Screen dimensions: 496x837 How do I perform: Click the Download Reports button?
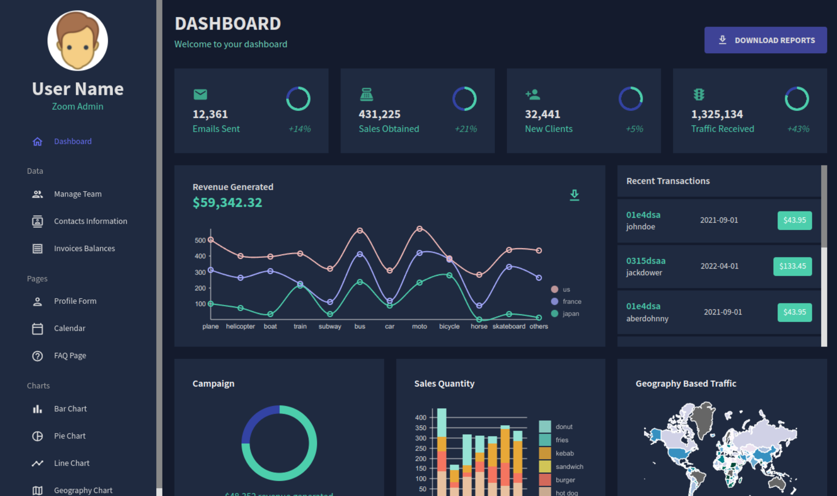click(765, 40)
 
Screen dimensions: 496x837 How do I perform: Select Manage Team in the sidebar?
click(77, 194)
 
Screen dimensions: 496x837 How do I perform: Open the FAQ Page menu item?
click(70, 356)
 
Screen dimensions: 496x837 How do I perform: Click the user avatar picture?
click(77, 41)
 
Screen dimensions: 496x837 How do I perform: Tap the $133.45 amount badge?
click(792, 266)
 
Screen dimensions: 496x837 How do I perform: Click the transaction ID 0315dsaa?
click(646, 261)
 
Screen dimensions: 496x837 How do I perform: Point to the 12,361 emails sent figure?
click(210, 114)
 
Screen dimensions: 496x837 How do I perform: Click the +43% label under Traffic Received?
click(798, 129)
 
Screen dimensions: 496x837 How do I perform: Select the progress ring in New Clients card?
click(631, 99)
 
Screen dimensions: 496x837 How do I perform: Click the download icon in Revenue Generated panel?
click(574, 195)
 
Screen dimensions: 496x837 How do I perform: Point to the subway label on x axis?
click(330, 327)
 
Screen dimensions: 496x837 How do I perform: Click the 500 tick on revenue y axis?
click(200, 240)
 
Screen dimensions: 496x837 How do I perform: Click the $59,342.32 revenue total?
click(227, 202)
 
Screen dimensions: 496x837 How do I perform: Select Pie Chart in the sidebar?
click(70, 436)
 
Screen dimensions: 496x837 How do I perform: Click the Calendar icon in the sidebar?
click(37, 329)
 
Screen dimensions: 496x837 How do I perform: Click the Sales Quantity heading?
click(444, 384)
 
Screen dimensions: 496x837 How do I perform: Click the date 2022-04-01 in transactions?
click(719, 266)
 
